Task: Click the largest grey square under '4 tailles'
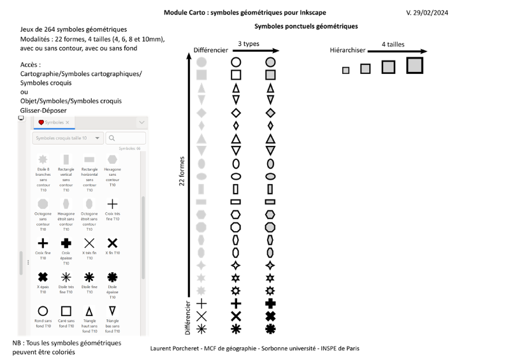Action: point(414,65)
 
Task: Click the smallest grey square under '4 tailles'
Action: point(346,70)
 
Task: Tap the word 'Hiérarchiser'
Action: point(347,50)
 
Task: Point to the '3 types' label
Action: point(249,44)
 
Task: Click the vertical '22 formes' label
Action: point(182,171)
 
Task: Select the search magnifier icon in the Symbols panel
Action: point(112,138)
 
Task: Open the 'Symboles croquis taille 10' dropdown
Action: point(68,138)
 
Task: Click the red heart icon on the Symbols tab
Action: point(41,122)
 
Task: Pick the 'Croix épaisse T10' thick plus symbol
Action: point(66,243)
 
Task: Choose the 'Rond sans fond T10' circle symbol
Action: point(43,311)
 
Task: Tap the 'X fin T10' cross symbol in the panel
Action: point(112,243)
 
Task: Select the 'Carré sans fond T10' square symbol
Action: point(66,311)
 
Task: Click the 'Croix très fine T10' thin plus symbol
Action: point(112,204)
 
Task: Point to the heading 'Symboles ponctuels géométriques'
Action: point(306,26)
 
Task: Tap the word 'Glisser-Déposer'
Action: point(43,110)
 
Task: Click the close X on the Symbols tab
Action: point(68,122)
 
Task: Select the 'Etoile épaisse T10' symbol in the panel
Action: point(112,277)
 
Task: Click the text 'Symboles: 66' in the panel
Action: point(129,148)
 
